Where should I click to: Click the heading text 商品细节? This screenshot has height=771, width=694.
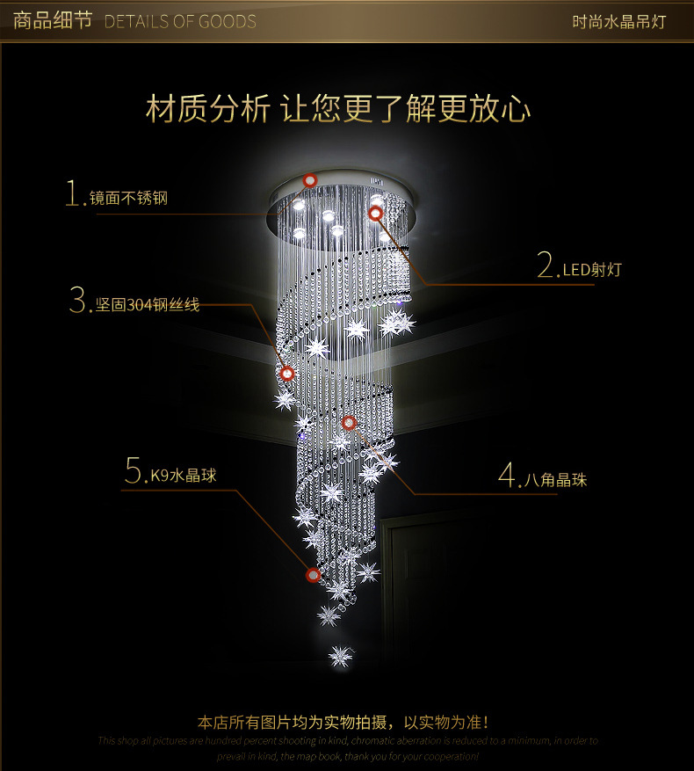click(x=53, y=20)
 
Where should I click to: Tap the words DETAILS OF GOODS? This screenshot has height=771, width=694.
click(x=180, y=21)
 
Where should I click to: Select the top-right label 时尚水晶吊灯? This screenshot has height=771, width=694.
click(x=619, y=21)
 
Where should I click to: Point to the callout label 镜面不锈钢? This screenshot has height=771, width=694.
click(x=128, y=198)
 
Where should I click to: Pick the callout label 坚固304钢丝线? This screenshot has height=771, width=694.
click(x=148, y=305)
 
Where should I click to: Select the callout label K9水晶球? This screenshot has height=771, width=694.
click(x=183, y=476)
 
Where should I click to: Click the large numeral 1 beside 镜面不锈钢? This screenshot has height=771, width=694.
click(x=74, y=193)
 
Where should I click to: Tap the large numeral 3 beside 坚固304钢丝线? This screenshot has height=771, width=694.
click(x=78, y=301)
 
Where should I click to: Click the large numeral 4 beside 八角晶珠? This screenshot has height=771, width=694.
click(x=509, y=476)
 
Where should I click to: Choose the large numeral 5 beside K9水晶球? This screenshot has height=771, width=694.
click(x=134, y=471)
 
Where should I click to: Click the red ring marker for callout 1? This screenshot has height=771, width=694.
click(x=309, y=180)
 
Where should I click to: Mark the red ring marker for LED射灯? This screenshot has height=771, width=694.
click(x=375, y=213)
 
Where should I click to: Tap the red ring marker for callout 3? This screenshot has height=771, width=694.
click(x=286, y=374)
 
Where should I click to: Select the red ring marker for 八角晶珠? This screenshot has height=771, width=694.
click(x=349, y=423)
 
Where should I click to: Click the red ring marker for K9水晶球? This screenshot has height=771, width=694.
click(x=313, y=575)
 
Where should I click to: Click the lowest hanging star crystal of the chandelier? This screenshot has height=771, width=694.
click(x=340, y=655)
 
